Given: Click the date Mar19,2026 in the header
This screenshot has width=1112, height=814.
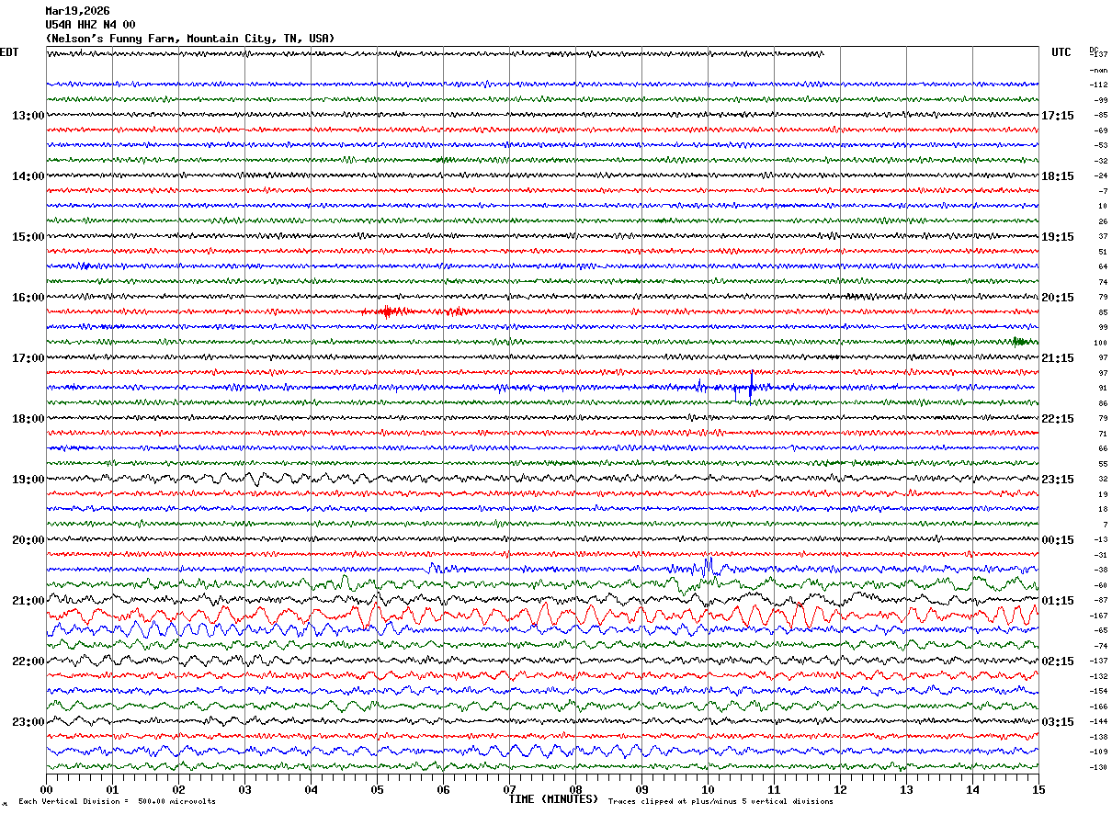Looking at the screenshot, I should [x=77, y=11].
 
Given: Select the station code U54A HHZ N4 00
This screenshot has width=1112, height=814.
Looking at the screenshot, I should [x=90, y=25].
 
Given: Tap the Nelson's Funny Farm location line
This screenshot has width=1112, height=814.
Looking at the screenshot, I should [x=190, y=39].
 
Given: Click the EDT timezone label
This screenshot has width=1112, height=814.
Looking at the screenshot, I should [x=9, y=52].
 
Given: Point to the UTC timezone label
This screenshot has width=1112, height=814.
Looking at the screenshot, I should [x=1061, y=52].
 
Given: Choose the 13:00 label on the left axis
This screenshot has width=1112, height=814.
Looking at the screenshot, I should [x=28, y=116].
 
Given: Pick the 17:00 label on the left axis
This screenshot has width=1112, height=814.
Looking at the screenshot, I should [x=28, y=358].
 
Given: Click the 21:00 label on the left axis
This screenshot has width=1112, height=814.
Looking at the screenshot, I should [x=28, y=601].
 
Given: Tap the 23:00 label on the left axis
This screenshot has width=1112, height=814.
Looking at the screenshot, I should [x=28, y=722].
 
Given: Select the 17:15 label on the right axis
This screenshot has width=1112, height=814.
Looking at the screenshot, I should [x=1058, y=116].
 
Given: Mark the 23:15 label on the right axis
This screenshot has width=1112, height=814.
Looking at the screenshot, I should [x=1058, y=480].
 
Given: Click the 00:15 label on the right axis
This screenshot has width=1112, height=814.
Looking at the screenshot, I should [x=1058, y=540].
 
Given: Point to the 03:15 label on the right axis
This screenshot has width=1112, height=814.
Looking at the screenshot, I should [x=1058, y=722].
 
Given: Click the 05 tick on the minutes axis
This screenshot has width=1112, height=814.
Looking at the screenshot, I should [x=377, y=789].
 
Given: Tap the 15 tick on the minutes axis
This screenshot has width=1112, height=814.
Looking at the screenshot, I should [x=1038, y=789].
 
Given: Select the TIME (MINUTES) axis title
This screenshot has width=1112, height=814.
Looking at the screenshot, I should [x=553, y=798].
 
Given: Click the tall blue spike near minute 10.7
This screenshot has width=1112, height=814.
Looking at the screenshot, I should [x=752, y=386].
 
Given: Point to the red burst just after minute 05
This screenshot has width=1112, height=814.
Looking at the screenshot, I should [x=387, y=311].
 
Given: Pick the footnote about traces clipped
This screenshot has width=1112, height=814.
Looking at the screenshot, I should [x=721, y=802].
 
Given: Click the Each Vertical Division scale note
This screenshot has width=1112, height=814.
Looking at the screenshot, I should [x=117, y=802].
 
